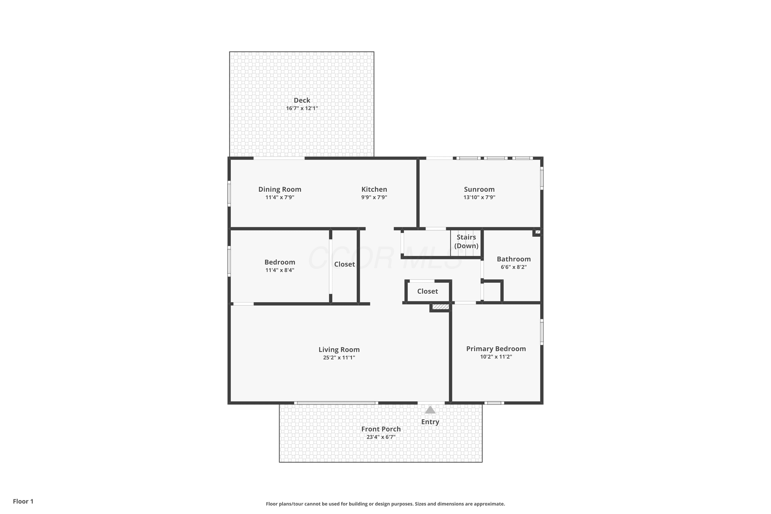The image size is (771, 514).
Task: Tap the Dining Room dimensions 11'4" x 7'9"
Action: (x=280, y=197)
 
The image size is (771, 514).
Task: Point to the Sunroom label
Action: (x=479, y=189)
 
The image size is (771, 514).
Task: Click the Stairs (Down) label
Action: (x=466, y=241)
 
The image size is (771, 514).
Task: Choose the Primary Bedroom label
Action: (x=496, y=349)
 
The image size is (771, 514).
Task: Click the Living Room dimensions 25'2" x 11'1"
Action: (x=339, y=358)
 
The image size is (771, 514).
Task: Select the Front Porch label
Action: (x=381, y=429)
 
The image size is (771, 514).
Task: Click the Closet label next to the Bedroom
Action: (x=345, y=264)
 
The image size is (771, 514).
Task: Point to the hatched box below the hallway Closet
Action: (x=440, y=307)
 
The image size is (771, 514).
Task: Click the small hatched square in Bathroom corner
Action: (x=538, y=232)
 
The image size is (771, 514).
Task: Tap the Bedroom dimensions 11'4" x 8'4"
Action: (x=280, y=270)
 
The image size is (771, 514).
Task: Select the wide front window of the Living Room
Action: (x=336, y=403)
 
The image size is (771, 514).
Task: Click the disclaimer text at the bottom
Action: (x=385, y=504)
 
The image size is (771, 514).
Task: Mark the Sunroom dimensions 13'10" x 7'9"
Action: (x=479, y=197)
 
